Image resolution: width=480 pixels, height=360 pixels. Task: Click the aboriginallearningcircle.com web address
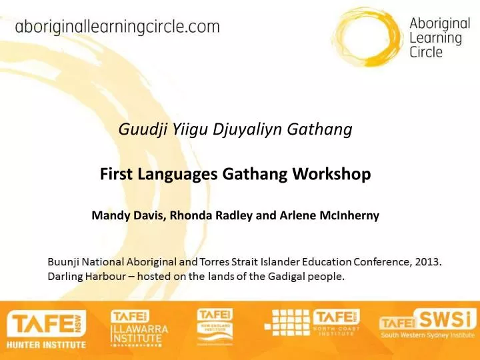click(x=117, y=27)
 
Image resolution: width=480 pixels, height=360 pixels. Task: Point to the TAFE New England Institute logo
click(x=215, y=327)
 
